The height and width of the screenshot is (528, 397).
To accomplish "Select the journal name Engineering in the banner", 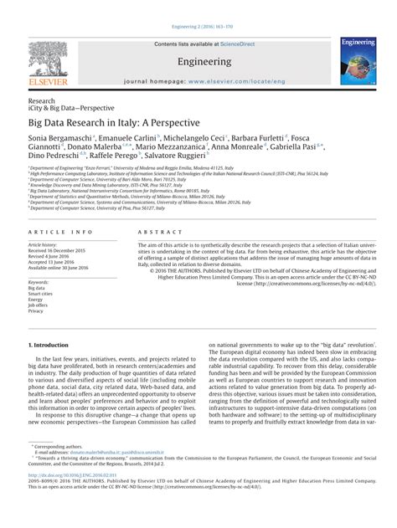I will (198, 62).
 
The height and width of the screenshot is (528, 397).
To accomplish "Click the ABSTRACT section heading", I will (141, 229).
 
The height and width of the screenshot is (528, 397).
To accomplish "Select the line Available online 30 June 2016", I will (65, 267).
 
